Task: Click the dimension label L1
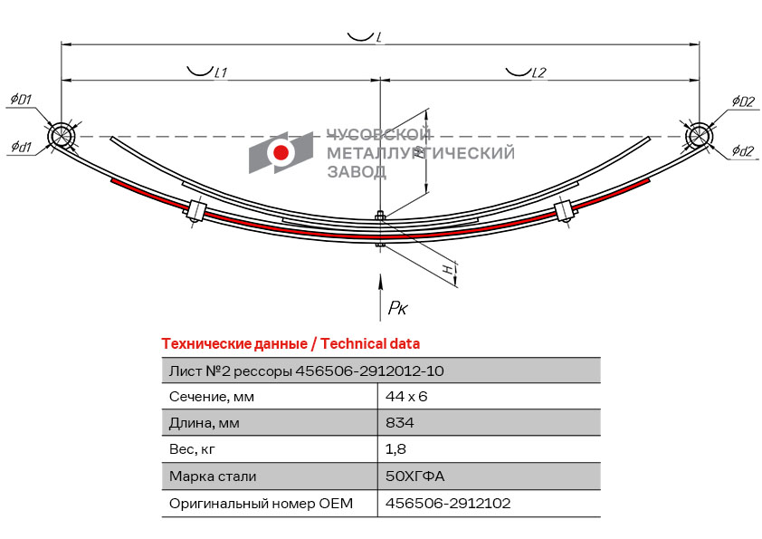221,73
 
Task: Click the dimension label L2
539,73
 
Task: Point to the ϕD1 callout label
21,100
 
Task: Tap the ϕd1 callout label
21,146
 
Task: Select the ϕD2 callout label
744,101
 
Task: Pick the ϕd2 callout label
743,151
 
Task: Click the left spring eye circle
62,135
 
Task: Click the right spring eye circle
699,135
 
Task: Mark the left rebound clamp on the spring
196,212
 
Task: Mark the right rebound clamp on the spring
564,211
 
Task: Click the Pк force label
397,307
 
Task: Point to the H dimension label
450,269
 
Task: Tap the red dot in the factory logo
281,152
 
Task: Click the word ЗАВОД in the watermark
357,172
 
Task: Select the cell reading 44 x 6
406,397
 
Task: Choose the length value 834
399,422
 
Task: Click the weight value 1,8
395,449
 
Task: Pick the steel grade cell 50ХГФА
415,476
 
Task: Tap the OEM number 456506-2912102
448,503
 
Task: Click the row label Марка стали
213,476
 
